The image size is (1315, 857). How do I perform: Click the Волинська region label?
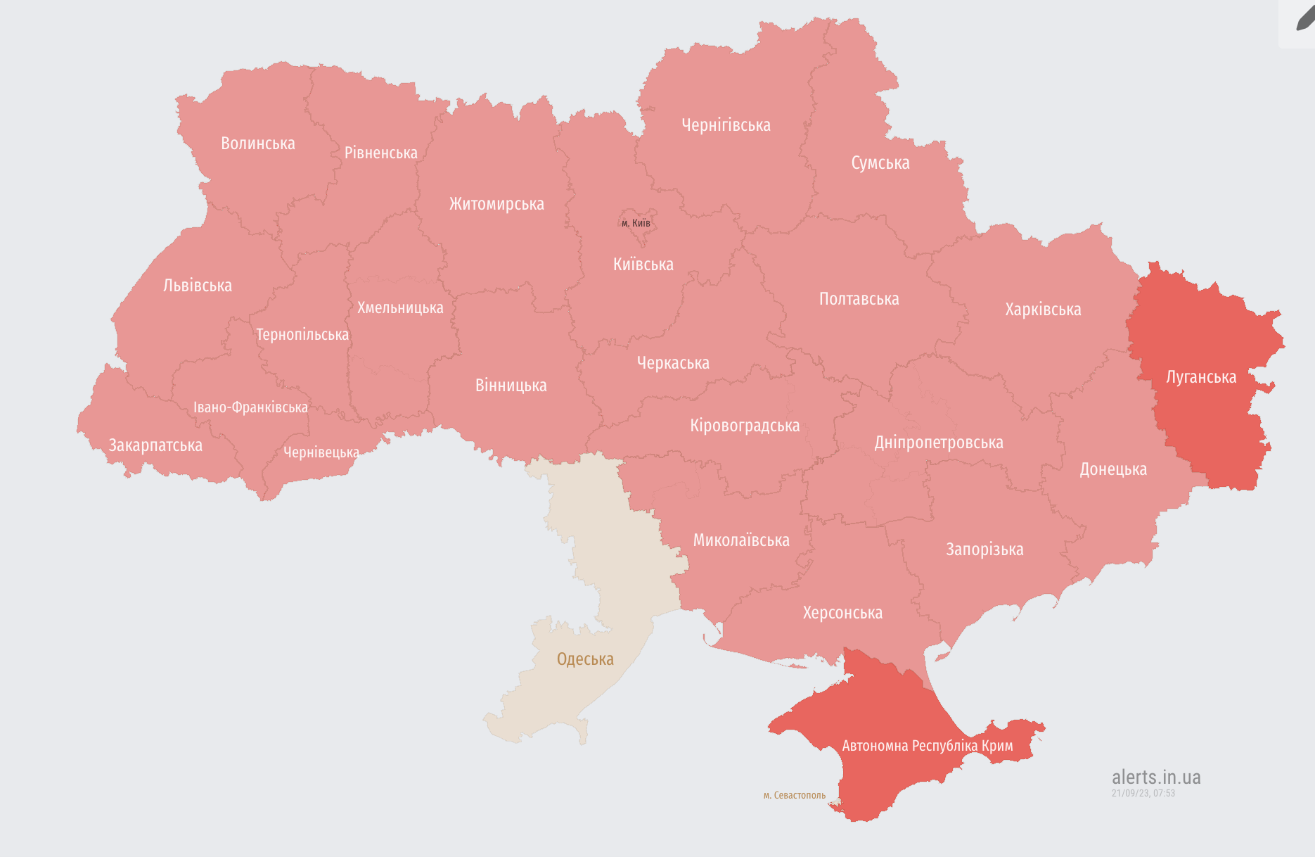coord(258,144)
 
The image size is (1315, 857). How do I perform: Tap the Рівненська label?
coord(381,153)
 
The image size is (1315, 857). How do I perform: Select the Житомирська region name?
coord(496,204)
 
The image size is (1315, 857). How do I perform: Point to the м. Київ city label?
coord(636,223)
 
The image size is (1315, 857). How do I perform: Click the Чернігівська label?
coord(726,125)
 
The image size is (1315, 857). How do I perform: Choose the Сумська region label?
coord(880,163)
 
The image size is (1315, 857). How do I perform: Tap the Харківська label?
coord(1043,310)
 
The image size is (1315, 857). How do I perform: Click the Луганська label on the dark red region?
coord(1201,377)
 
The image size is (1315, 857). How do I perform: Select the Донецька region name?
coord(1113,469)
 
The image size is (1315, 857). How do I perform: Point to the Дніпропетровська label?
coord(939,443)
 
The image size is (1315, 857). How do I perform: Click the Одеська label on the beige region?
coord(585,659)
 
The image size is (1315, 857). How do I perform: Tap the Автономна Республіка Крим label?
coord(928,746)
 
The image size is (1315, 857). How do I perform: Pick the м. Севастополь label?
coord(795,795)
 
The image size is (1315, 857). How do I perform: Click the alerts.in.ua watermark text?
coord(1156,777)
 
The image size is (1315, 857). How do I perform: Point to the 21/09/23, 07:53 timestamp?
coord(1143,793)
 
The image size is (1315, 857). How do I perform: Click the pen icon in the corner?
coord(1304,19)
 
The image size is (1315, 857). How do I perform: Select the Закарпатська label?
coord(155,445)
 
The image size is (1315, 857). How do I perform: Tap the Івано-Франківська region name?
coord(250,407)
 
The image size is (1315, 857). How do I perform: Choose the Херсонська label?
coord(842,613)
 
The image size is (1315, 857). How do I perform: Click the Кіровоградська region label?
coord(745,426)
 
